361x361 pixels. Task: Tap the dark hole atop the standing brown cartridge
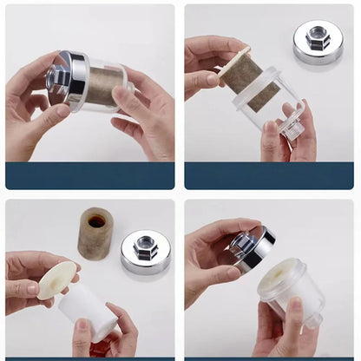[95, 220]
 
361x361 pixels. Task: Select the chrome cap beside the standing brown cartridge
[145, 253]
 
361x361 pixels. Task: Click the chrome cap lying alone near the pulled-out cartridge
[318, 44]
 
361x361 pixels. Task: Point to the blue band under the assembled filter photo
[89, 175]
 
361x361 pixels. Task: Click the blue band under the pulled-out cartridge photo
[271, 175]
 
